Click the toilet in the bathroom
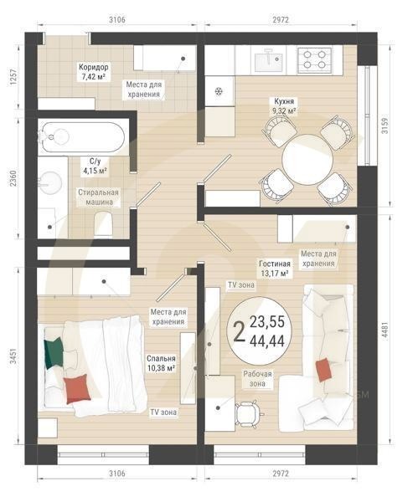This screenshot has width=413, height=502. click(x=105, y=222)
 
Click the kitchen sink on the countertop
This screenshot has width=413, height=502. click(x=270, y=58)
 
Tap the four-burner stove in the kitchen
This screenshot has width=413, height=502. click(x=317, y=59)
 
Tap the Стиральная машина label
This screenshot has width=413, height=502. click(x=99, y=197)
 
